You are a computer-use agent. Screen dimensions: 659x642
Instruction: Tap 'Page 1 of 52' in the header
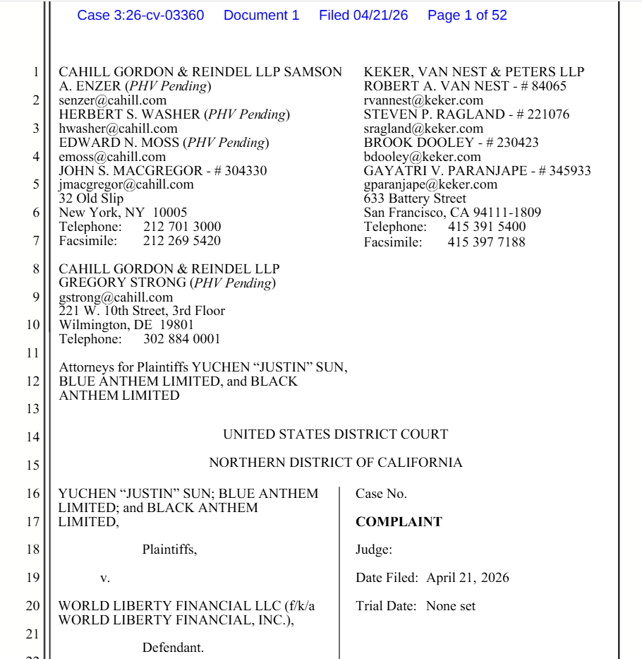[x=467, y=15]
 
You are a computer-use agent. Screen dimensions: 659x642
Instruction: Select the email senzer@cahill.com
[x=112, y=100]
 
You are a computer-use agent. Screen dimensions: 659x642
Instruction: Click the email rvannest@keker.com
[x=423, y=100]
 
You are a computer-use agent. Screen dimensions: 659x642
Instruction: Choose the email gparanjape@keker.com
[x=430, y=184]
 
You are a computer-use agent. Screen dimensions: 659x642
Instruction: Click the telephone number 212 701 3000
[x=182, y=227]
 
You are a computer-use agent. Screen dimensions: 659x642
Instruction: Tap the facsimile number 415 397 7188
[x=486, y=242]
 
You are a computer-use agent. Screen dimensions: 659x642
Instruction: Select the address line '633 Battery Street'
[x=415, y=198]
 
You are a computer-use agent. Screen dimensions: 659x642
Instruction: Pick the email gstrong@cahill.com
[x=116, y=297]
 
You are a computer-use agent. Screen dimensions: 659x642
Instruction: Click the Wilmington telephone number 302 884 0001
[x=182, y=339]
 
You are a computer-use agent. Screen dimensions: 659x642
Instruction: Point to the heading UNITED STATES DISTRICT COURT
[x=335, y=434]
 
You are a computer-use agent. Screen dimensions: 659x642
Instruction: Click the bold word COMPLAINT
[x=399, y=522]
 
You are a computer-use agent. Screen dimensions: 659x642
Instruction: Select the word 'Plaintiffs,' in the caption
[x=170, y=550]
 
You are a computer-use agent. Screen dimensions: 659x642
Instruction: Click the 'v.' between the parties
[x=105, y=578]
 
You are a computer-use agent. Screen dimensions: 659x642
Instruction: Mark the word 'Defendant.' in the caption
[x=173, y=648]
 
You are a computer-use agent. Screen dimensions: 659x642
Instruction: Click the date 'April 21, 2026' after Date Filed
[x=468, y=578]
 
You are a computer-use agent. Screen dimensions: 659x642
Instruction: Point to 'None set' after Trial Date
[x=451, y=606]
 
